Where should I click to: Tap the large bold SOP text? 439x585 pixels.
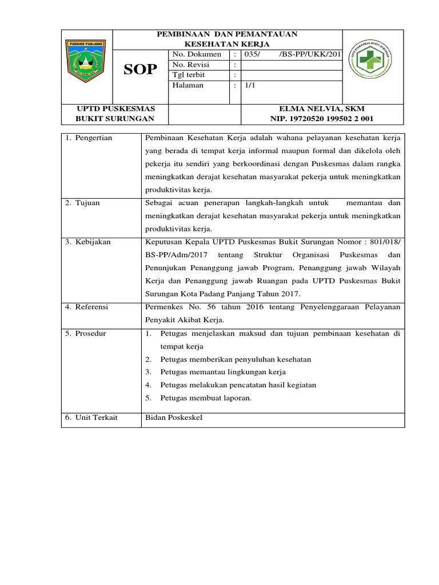coord(141,70)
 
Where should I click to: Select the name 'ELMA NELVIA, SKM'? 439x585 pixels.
coord(322,109)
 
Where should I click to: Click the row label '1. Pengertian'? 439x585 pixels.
coord(89,138)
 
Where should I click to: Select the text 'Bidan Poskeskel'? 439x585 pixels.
coord(174,418)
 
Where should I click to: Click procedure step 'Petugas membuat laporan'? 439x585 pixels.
coord(206,398)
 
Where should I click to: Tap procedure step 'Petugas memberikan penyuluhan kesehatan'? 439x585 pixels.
coord(236,359)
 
